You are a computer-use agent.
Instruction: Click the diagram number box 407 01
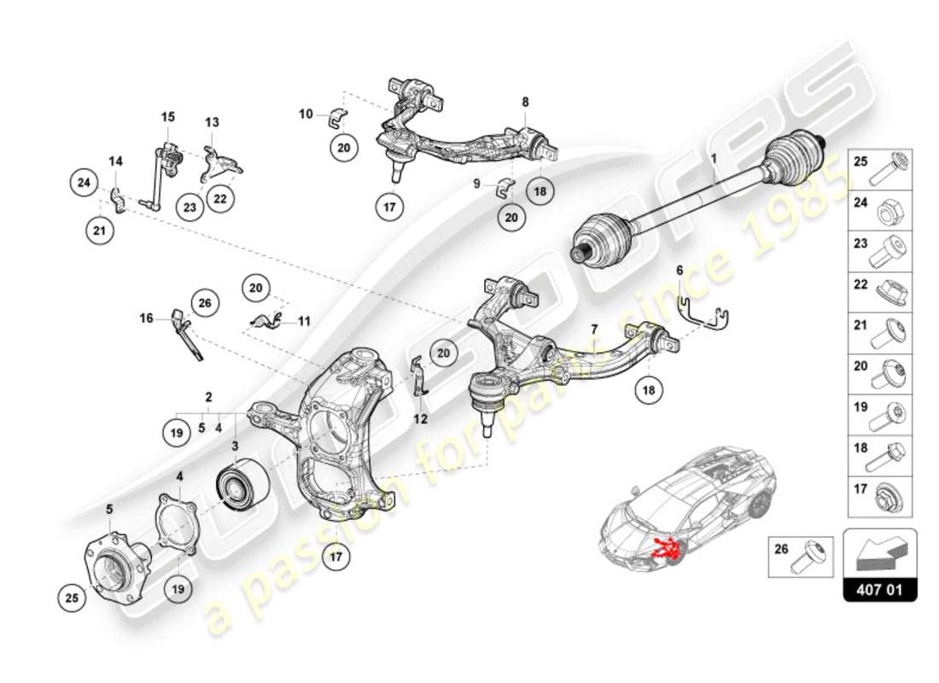[x=879, y=588]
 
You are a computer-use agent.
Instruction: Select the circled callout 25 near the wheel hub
[x=73, y=598]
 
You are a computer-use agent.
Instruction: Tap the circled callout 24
[x=84, y=182]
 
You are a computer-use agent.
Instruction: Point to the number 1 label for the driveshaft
[x=715, y=159]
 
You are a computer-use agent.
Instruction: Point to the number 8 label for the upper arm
[x=525, y=102]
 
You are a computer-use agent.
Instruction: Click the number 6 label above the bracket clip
[x=679, y=270]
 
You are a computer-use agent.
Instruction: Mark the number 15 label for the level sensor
[x=167, y=115]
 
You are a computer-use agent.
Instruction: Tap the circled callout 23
[x=189, y=206]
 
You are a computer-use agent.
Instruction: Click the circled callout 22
[x=220, y=198]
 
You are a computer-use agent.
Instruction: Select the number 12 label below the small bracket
[x=421, y=419]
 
